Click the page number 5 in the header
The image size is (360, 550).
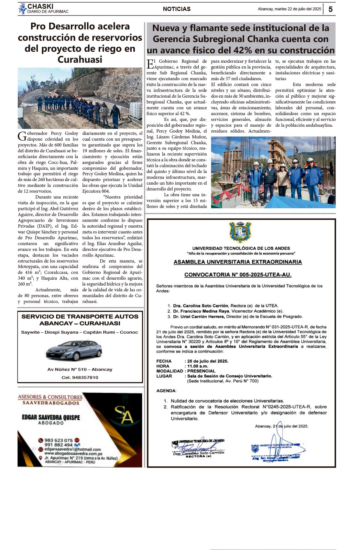pos(330,9)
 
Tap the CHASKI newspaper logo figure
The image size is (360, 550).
pos(22,9)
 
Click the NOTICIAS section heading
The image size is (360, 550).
pos(177,9)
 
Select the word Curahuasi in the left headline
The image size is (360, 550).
pos(80,59)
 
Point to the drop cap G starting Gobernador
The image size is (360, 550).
pos(22,136)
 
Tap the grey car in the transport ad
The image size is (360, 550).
pos(74,350)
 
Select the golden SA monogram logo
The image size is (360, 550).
pos(124,415)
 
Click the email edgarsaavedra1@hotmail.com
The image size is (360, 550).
pos(72,449)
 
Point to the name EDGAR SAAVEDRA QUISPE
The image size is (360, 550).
pos(51,417)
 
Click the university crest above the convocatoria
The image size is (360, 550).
pos(240,232)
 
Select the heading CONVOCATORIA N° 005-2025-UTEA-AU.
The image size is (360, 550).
pos(238,275)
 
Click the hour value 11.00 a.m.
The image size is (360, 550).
pos(198,366)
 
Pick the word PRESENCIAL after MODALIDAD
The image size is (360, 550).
pos(201,371)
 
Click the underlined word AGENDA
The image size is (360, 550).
pos(166,391)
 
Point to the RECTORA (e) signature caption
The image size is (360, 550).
pos(198,456)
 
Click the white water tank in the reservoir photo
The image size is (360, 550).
pos(136,110)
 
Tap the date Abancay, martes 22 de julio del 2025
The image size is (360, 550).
pos(289,9)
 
